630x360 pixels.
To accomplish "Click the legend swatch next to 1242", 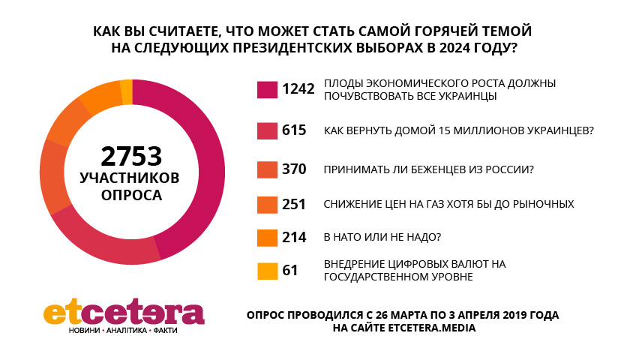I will [x=266, y=90].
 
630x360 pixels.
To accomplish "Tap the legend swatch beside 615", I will [x=266, y=130].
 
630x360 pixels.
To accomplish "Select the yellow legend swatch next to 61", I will [x=266, y=270].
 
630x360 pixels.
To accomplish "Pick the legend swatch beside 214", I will [x=266, y=238].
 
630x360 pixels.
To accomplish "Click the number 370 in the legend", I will [x=294, y=169].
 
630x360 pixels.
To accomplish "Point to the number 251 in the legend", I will [x=294, y=204].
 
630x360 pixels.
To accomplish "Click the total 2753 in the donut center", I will [x=132, y=156].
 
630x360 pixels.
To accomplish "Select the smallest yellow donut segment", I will [x=127, y=91].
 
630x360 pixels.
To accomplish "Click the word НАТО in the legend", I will [x=351, y=238].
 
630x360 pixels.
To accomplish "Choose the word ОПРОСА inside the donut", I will [x=132, y=195].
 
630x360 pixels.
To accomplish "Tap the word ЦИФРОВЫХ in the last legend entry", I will [x=411, y=264].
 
